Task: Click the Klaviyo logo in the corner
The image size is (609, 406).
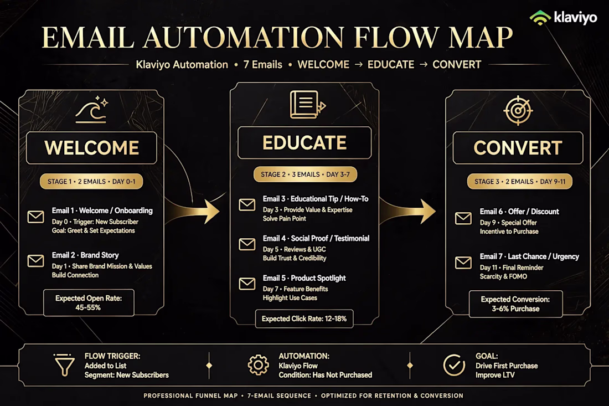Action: pyautogui.click(x=563, y=18)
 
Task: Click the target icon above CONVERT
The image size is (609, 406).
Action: pyautogui.click(x=518, y=111)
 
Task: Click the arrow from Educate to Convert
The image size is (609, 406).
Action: pyautogui.click(x=408, y=212)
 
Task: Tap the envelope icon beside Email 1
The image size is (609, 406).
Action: pyautogui.click(x=36, y=217)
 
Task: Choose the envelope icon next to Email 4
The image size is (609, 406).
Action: pyautogui.click(x=247, y=244)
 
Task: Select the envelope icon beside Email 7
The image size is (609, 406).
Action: pyautogui.click(x=463, y=263)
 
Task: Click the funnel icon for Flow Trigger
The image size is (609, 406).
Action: pyautogui.click(x=64, y=365)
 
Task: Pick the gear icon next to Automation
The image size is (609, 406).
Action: pyautogui.click(x=259, y=365)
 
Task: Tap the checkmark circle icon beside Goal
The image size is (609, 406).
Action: pyautogui.click(x=454, y=365)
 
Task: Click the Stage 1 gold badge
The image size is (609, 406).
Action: pyautogui.click(x=91, y=182)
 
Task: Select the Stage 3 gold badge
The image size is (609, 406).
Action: pyautogui.click(x=520, y=182)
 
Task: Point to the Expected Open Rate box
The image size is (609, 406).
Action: pyautogui.click(x=89, y=302)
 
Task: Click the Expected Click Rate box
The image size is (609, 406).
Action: pyautogui.click(x=304, y=318)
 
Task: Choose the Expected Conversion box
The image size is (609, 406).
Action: pyautogui.click(x=515, y=304)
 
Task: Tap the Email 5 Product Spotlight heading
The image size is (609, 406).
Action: pyautogui.click(x=304, y=278)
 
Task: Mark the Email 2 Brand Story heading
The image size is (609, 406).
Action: pyautogui.click(x=85, y=255)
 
